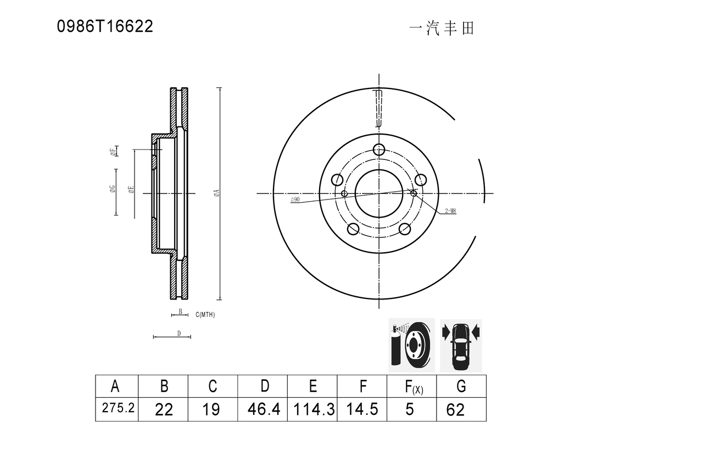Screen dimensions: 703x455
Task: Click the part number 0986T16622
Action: (x=105, y=26)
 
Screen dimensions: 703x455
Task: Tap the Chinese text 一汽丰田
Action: (x=442, y=29)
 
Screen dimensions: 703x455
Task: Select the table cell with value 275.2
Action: (x=117, y=409)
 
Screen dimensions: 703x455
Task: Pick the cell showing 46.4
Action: (x=263, y=409)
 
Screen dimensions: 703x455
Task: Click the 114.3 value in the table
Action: (x=313, y=409)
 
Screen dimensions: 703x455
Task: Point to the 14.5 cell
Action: (x=362, y=409)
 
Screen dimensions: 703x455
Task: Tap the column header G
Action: (x=461, y=386)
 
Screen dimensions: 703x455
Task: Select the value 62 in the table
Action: (x=455, y=410)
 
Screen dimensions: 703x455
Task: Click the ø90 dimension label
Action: (x=295, y=199)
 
